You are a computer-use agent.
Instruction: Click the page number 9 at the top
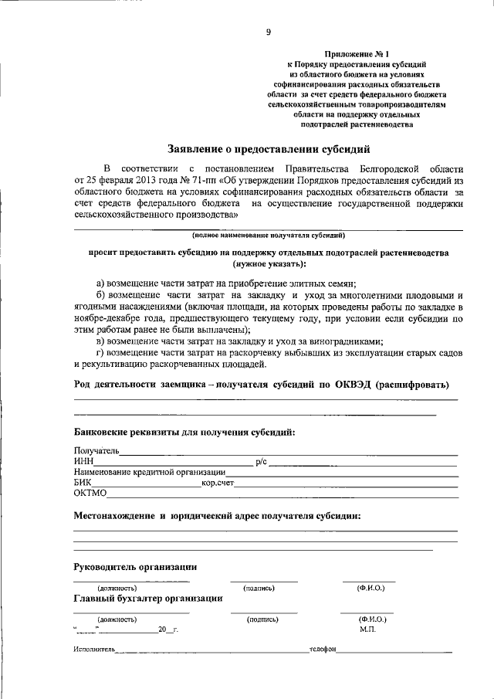(268, 32)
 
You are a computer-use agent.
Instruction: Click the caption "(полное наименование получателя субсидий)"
(268, 234)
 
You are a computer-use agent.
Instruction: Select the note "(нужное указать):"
(268, 263)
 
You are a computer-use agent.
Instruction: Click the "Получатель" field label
(96, 450)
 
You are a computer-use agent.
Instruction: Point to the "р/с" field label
(261, 461)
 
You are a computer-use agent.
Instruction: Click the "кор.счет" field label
(218, 483)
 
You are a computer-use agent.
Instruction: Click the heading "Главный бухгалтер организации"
(149, 598)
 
